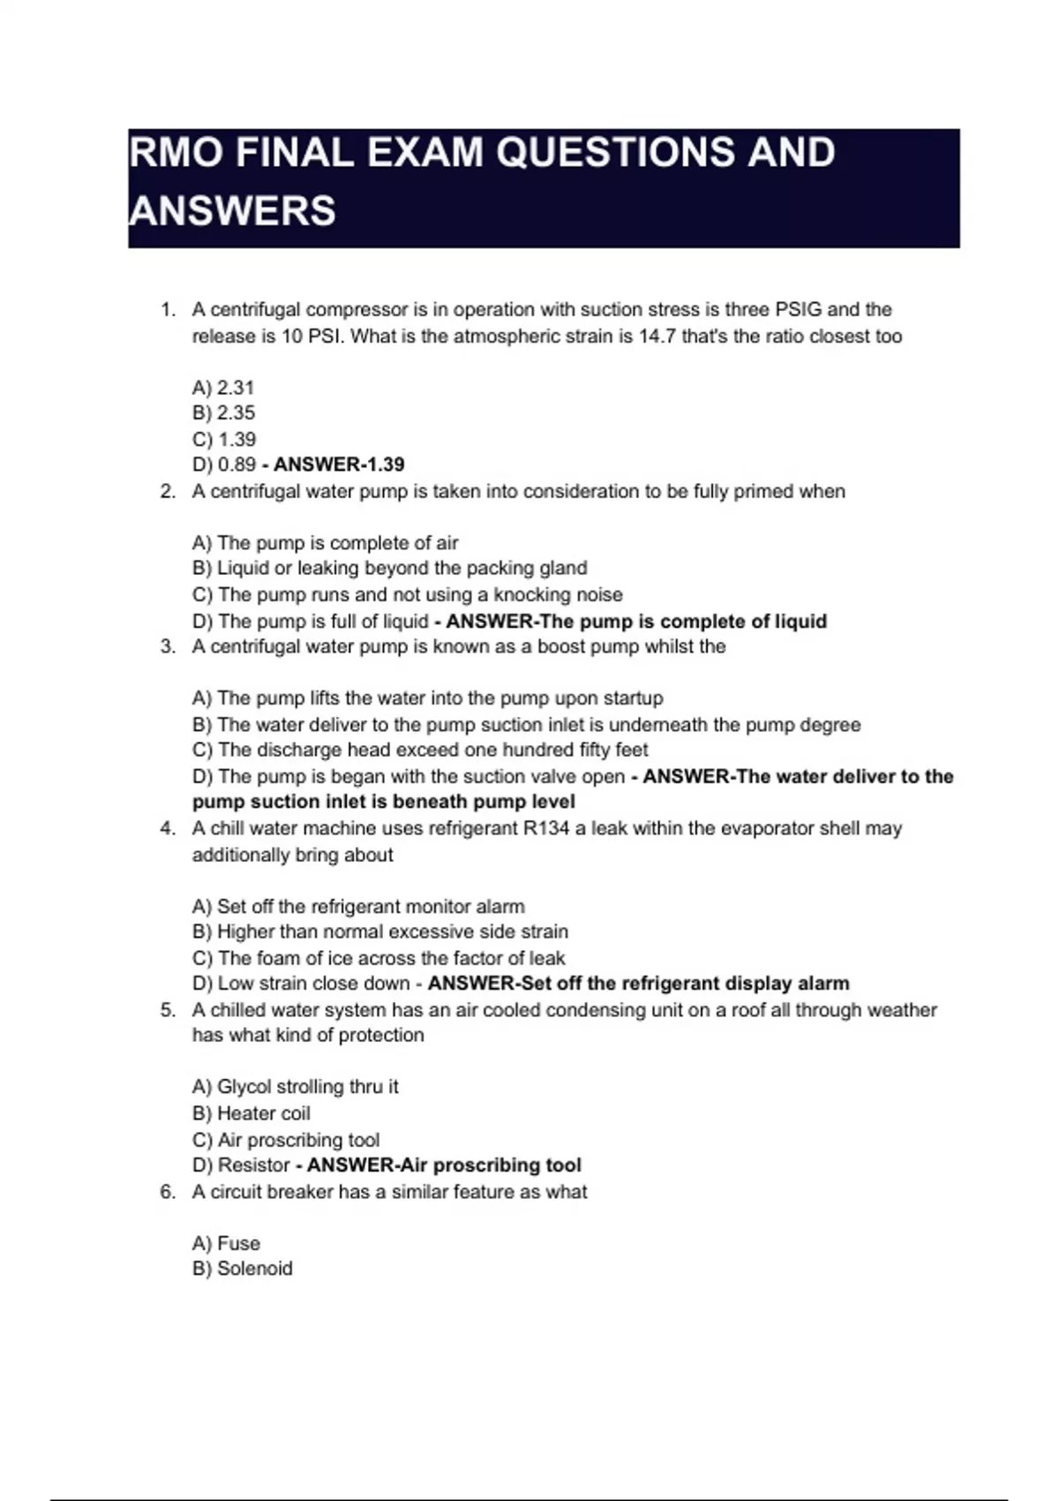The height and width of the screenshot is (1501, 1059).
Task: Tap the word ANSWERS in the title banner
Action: coord(232,211)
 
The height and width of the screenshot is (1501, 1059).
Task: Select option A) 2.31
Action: coord(223,388)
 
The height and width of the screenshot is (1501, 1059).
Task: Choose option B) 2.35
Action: coord(223,413)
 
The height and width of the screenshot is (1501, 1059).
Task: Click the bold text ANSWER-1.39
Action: coord(339,464)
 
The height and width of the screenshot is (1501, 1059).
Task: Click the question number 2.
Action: coord(168,492)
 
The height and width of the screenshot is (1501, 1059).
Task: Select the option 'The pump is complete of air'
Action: coord(325,543)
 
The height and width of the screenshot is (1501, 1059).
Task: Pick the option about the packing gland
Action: coord(389,569)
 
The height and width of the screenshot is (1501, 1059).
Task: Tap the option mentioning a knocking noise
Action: coord(407,595)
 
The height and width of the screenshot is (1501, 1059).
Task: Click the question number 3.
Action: coord(168,647)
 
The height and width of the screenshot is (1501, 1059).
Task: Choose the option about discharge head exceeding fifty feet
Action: coord(420,750)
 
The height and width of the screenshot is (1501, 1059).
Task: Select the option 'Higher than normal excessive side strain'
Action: coord(380,932)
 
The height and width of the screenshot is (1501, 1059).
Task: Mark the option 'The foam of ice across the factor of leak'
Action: coord(379,959)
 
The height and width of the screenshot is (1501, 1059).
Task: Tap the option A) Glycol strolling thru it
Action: coord(295,1087)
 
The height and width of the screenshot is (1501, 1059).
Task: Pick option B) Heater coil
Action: coord(251,1114)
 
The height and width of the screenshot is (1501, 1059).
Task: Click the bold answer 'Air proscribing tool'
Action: coord(444,1165)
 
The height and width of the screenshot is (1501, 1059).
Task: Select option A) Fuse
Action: coord(226,1244)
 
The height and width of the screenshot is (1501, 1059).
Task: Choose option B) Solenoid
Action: coord(242,1269)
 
